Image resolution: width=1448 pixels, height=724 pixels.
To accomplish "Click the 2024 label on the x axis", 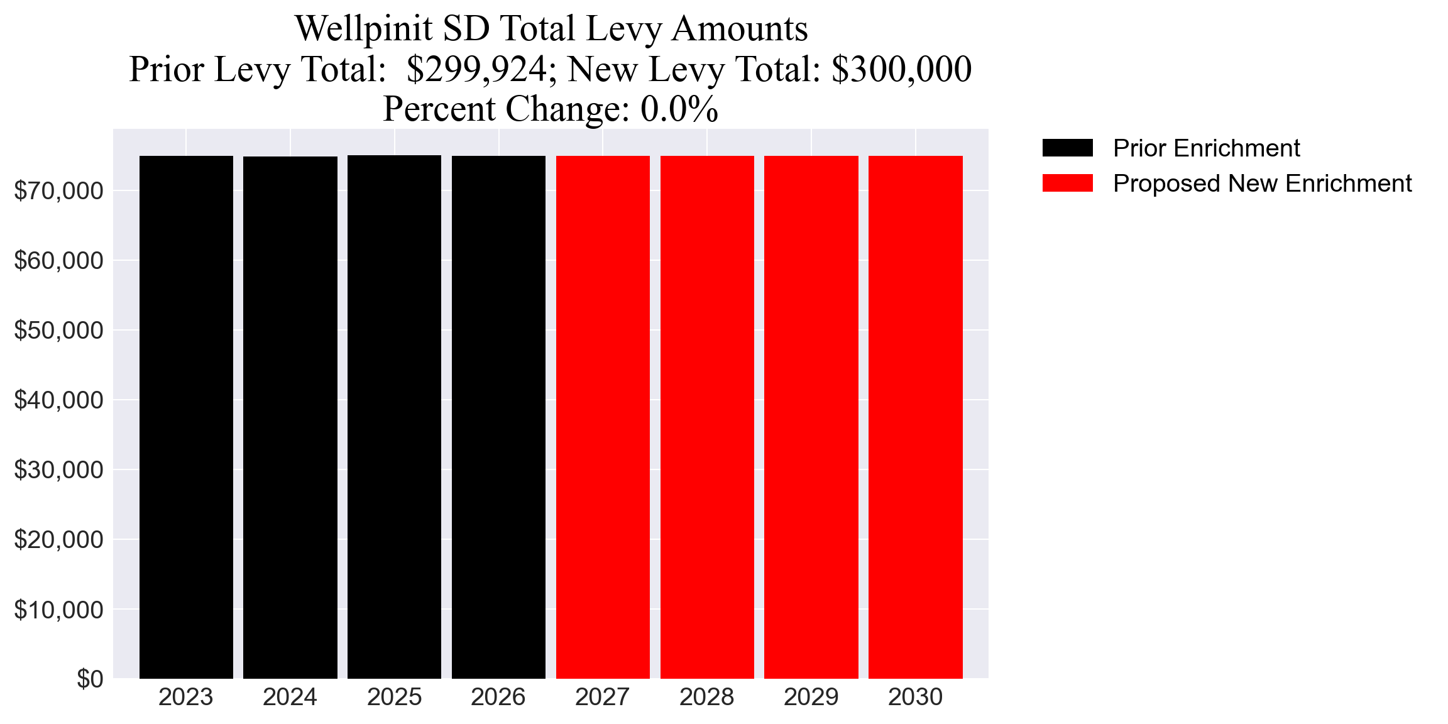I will click(290, 697).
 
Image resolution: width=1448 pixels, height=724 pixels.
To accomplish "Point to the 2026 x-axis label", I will click(498, 697).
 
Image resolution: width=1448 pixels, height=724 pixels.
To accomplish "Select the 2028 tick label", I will click(706, 697).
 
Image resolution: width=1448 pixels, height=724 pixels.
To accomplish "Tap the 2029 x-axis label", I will click(811, 697).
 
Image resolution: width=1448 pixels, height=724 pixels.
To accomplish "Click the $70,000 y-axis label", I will click(58, 190).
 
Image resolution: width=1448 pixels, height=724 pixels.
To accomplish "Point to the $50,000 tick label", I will click(58, 330).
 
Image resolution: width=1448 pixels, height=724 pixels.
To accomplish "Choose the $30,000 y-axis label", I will click(58, 469).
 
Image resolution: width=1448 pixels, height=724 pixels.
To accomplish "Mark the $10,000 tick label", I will click(58, 609).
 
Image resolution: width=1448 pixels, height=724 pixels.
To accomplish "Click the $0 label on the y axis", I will click(90, 679).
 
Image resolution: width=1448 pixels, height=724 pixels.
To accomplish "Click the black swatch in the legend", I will click(1067, 148).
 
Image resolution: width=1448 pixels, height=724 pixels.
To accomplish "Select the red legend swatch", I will click(1067, 183).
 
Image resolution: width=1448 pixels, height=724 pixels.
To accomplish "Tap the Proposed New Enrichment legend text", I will click(1262, 183).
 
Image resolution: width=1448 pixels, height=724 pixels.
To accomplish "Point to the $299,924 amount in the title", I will click(476, 69).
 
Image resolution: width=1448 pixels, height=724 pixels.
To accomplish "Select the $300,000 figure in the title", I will click(901, 69).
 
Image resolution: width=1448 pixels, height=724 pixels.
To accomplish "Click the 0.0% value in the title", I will click(679, 109).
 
